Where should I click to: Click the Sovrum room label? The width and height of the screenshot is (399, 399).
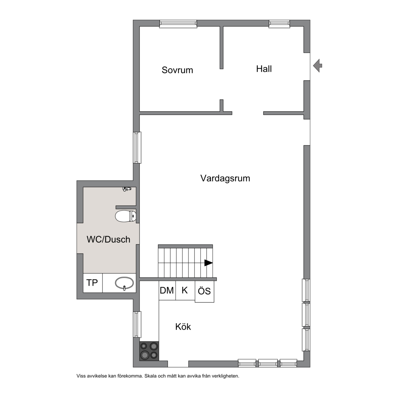(x=177, y=70)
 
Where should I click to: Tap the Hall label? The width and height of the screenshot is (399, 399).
(x=264, y=69)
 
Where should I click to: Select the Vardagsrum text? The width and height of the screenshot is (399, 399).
(x=225, y=178)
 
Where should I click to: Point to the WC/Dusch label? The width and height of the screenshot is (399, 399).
(x=108, y=239)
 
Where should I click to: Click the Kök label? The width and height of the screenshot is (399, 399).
(x=183, y=327)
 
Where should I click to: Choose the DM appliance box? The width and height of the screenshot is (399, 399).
(x=167, y=290)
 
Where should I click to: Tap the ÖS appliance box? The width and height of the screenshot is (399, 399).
(x=205, y=292)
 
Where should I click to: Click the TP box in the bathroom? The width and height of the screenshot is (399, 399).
(x=92, y=283)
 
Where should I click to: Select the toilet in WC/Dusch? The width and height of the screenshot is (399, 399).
(x=126, y=216)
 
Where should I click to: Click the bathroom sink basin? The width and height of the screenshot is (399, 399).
(x=124, y=283)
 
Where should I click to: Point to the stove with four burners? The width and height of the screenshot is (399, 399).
(x=149, y=351)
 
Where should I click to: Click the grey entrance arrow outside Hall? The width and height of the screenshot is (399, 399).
(x=318, y=66)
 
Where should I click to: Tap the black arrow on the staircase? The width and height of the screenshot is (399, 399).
(x=209, y=263)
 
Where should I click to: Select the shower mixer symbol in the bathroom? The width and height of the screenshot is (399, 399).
(x=127, y=189)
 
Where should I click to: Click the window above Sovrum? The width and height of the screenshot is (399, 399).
(x=178, y=24)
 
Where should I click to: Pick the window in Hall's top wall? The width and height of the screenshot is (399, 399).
(x=280, y=24)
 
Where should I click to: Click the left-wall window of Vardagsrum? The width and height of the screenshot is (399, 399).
(x=138, y=148)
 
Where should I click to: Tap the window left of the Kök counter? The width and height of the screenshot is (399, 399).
(x=138, y=325)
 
